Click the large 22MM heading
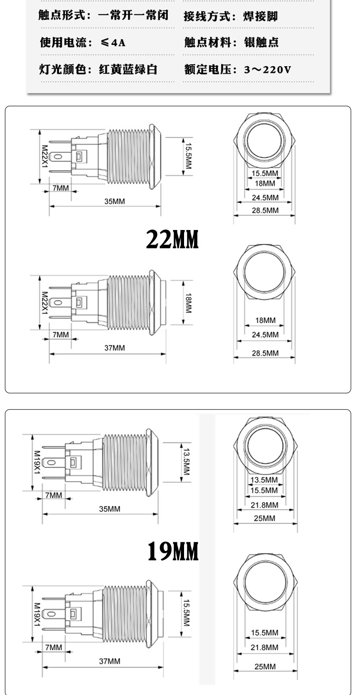click(x=172, y=239)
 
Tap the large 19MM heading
click(x=173, y=551)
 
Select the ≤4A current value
click(x=113, y=42)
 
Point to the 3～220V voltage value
click(x=268, y=69)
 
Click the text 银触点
click(x=261, y=42)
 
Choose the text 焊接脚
click(x=260, y=16)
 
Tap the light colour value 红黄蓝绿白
click(x=128, y=69)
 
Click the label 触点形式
click(x=62, y=15)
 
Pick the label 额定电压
click(x=208, y=69)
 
